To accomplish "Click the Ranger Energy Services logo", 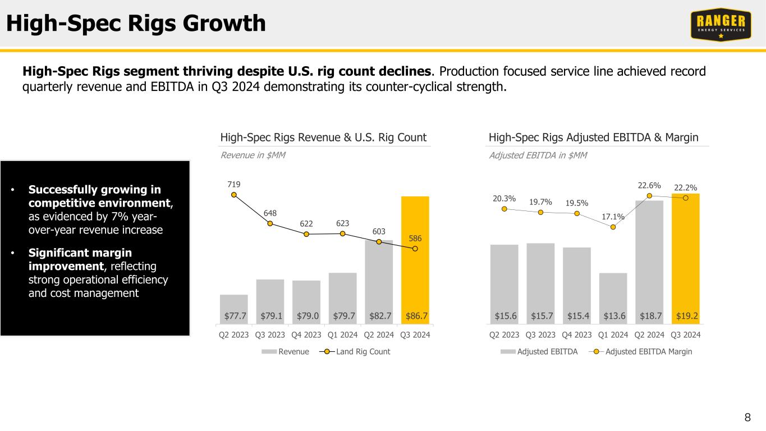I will (721, 25).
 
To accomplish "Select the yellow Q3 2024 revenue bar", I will (415, 258).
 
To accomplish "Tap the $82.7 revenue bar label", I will (379, 317).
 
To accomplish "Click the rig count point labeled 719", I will (234, 195).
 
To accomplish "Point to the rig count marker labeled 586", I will (415, 249).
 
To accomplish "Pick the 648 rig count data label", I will (270, 213).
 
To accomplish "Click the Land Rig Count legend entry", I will (357, 352).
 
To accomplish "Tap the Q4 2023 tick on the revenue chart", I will (306, 335).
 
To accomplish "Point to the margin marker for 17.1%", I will (613, 227).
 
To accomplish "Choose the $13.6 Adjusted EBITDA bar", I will (613, 297).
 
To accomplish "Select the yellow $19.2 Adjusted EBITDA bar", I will (685, 258).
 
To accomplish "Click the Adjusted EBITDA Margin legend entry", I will (645, 352).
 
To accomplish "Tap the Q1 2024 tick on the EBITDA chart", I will (613, 335).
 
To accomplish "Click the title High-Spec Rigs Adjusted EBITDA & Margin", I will (593, 137).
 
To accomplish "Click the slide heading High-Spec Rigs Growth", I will (135, 24).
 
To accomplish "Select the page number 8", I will (747, 417).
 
